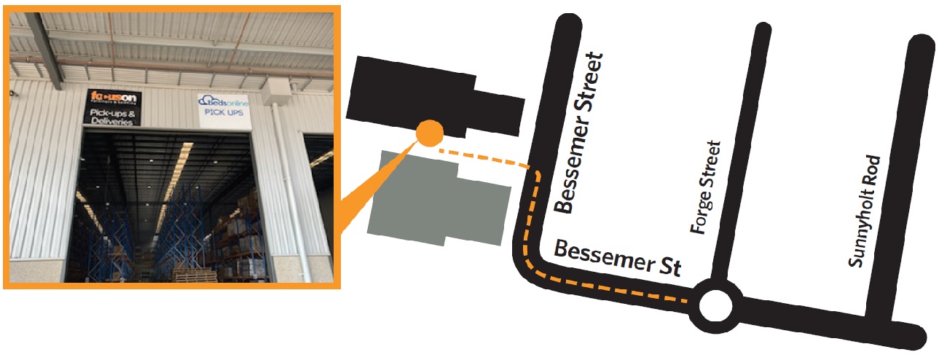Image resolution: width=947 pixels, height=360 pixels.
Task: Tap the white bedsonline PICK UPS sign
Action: (x=224, y=109)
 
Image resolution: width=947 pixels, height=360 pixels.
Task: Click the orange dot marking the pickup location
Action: (x=429, y=133)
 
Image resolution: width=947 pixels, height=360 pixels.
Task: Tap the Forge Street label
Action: (x=706, y=187)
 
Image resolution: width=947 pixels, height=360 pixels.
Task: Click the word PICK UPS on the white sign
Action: (x=224, y=116)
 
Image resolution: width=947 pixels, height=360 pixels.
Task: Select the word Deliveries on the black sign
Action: (x=111, y=122)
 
